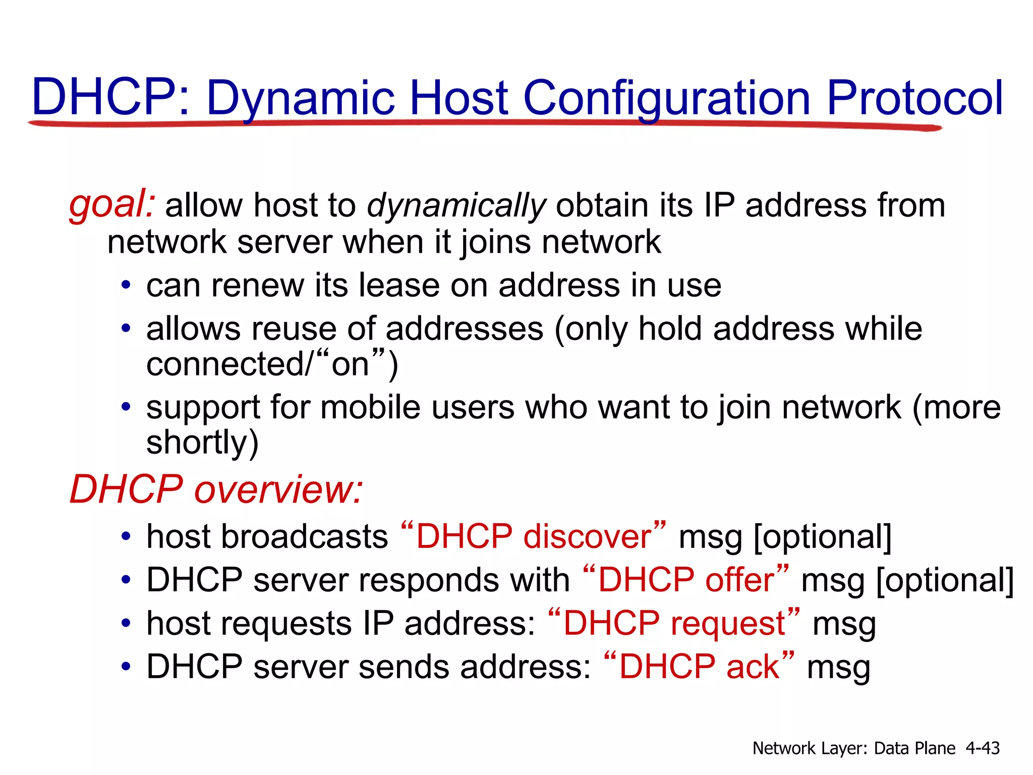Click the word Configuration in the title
pos(667,98)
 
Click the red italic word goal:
pos(112,205)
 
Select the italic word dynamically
pos(456,206)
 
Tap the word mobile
pos(370,407)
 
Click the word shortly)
pos(202,442)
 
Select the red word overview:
pos(278,489)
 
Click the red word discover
pos(588,536)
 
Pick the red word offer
pos(739,580)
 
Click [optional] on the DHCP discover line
pos(823,537)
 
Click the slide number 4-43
pos(982,748)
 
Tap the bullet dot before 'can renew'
pos(126,286)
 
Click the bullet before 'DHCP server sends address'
pos(126,667)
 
